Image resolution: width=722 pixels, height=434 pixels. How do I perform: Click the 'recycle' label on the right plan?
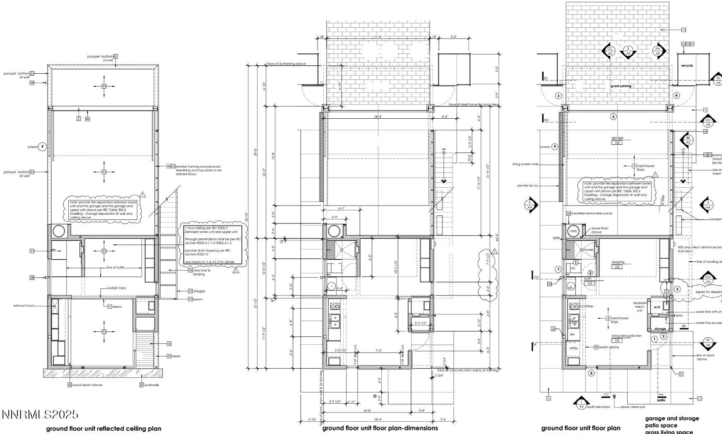point(687,65)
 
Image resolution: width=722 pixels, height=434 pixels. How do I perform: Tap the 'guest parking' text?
point(621,86)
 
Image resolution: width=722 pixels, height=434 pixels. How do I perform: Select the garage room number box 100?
point(617,143)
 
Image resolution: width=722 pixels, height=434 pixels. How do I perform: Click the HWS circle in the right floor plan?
point(573,231)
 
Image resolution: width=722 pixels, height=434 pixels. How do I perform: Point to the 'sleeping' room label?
point(618,262)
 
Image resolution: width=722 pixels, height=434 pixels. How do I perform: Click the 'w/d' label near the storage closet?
point(657,307)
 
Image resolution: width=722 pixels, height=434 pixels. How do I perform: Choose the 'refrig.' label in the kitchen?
point(573,348)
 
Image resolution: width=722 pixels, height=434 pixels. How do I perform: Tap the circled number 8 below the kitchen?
point(591,373)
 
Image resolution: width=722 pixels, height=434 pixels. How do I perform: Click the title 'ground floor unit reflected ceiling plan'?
point(103,429)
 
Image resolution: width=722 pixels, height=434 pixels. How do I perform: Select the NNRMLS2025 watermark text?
point(40,415)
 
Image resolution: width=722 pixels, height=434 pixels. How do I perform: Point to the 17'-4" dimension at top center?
point(378,37)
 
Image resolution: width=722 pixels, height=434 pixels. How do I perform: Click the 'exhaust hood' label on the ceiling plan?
point(24,306)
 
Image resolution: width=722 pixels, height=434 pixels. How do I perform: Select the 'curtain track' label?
point(116,288)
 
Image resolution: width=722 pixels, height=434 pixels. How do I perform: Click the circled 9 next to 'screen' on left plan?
point(42,147)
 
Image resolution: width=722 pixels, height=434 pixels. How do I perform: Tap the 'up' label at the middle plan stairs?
point(444,149)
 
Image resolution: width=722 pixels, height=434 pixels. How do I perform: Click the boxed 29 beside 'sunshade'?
point(142,385)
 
